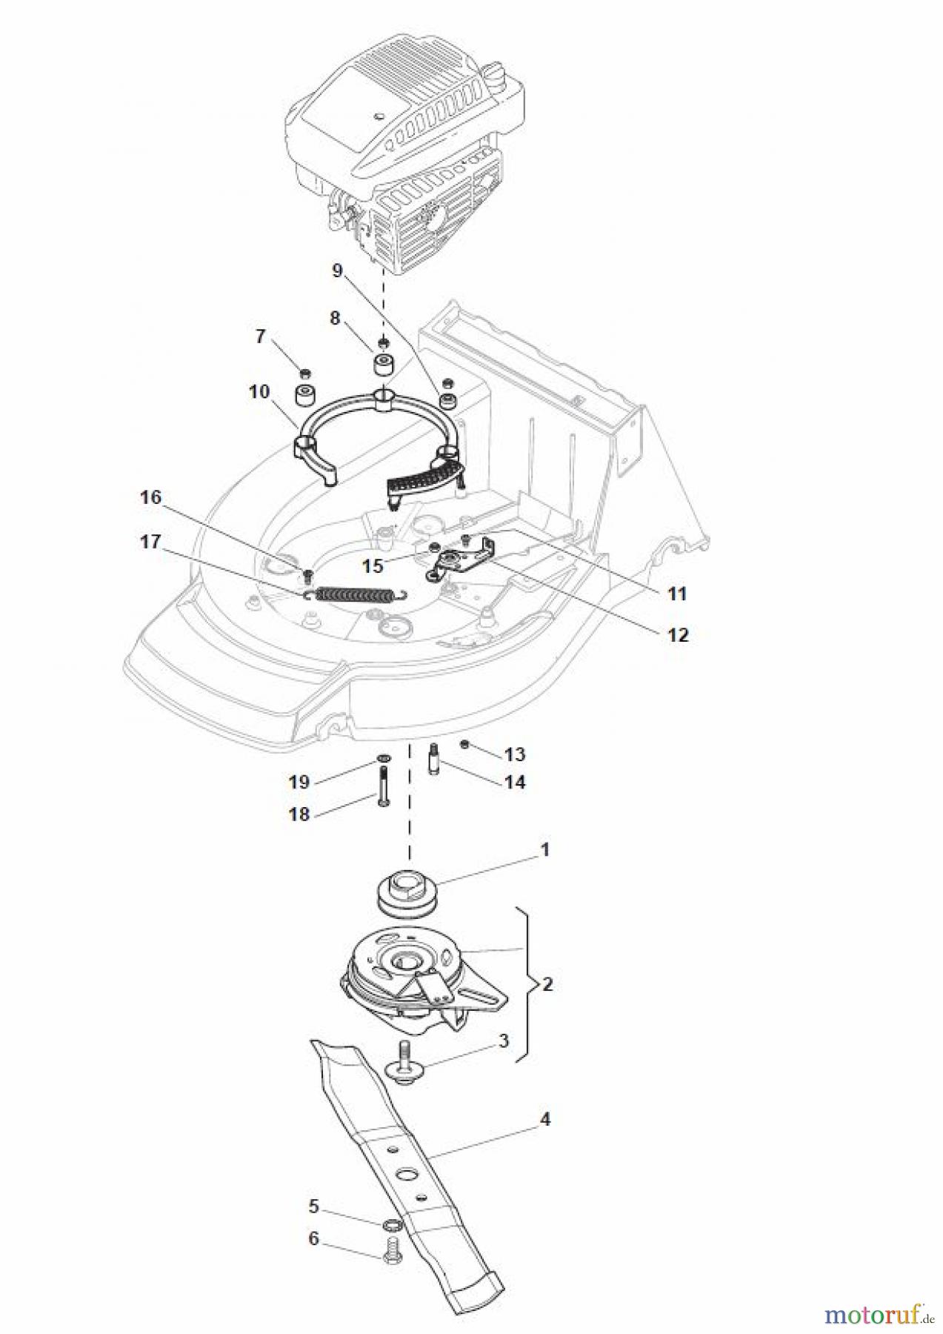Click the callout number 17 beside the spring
coord(150,542)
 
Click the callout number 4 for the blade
coord(544,1119)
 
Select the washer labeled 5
coord(393,1227)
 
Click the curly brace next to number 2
coord(527,984)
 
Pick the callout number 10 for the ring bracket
coord(259,391)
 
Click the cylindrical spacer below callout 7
coord(305,396)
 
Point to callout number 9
coord(338,271)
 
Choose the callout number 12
coord(678,635)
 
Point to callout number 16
coord(150,497)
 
